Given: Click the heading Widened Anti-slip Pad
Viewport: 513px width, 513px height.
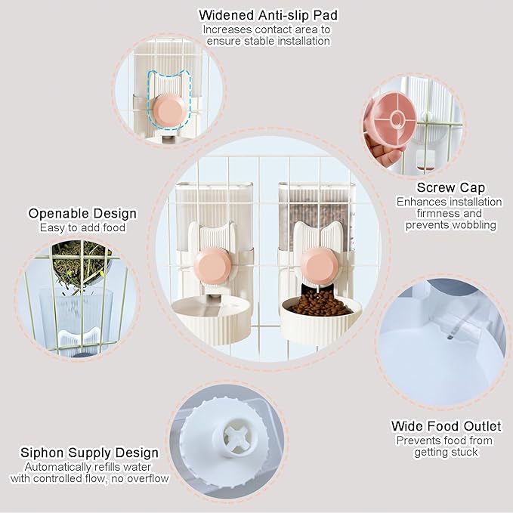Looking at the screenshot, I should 267,14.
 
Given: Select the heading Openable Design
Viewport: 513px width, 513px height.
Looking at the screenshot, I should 82,214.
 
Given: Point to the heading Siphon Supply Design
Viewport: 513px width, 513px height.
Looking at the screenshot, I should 90,453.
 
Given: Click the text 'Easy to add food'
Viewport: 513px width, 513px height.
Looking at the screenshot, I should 82,227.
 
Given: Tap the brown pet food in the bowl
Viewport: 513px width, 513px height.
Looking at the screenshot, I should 320,304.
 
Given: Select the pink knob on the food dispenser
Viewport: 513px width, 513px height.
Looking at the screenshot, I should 319,265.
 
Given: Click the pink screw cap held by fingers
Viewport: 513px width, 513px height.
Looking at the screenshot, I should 390,119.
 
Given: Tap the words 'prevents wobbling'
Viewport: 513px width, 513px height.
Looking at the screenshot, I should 450,225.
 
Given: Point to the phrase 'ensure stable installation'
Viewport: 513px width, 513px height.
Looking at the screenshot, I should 267,41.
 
